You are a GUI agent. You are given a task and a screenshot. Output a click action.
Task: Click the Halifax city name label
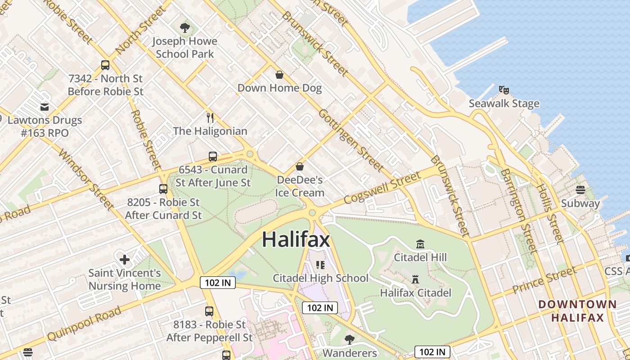coord(296,239)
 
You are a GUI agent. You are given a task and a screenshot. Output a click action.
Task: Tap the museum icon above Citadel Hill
coord(420,244)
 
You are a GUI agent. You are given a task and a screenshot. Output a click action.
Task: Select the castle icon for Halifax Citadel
coord(415,279)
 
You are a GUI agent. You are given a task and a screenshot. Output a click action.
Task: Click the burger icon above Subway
coord(580,190)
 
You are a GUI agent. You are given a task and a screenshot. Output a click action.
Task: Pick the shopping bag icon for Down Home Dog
coord(279,75)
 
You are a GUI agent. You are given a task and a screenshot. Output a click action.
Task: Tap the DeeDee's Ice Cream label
coord(300,186)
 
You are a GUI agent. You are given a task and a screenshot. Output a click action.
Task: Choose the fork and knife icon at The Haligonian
coord(210,118)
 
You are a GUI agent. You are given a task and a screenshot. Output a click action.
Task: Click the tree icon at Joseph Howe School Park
coord(184,28)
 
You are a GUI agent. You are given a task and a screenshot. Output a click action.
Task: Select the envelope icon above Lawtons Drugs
coord(45,107)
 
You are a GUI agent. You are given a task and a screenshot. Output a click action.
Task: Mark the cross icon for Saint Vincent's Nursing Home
coord(125,260)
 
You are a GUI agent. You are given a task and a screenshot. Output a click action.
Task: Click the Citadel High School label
coord(320,278)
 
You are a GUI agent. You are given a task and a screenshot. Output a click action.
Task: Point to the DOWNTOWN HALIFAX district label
coord(577,311)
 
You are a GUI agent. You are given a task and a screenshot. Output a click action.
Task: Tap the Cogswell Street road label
coord(382,188)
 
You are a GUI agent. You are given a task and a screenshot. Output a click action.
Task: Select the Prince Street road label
coord(544,280)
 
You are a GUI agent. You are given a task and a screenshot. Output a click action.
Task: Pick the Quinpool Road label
coord(84,324)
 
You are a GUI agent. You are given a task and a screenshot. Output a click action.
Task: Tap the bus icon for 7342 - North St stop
coord(105,65)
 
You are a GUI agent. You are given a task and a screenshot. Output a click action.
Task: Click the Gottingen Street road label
coord(351,140)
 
